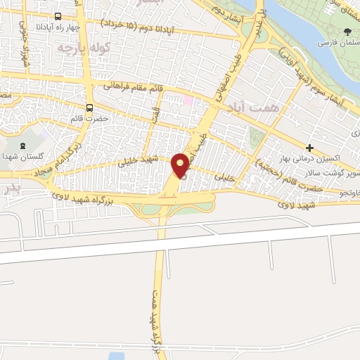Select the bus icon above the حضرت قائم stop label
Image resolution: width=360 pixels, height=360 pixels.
(89, 108)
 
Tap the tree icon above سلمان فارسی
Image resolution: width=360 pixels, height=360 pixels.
(347, 31)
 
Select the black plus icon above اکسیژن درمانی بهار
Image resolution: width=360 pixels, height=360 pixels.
(309, 148)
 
